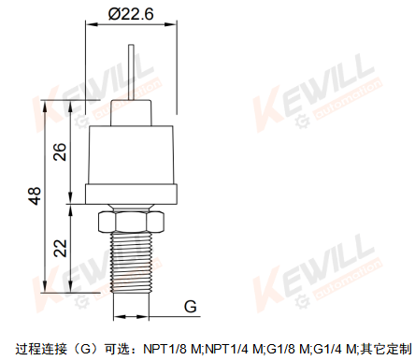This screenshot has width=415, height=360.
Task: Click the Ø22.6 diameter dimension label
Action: coord(131,14)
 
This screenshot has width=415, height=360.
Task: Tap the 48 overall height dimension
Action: coord(36,196)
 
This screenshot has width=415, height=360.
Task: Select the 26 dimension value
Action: coord(60,151)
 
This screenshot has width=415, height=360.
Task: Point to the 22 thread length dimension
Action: coord(60,248)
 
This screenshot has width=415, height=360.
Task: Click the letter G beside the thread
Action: coord(191,307)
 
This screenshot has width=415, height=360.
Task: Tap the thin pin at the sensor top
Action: coord(132,72)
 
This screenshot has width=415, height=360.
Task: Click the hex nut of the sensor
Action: coord(131,222)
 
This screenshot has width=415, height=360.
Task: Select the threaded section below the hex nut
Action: coord(132,263)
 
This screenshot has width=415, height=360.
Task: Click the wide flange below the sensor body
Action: coord(131,194)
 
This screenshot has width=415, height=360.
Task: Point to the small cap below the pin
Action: coord(131,113)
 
